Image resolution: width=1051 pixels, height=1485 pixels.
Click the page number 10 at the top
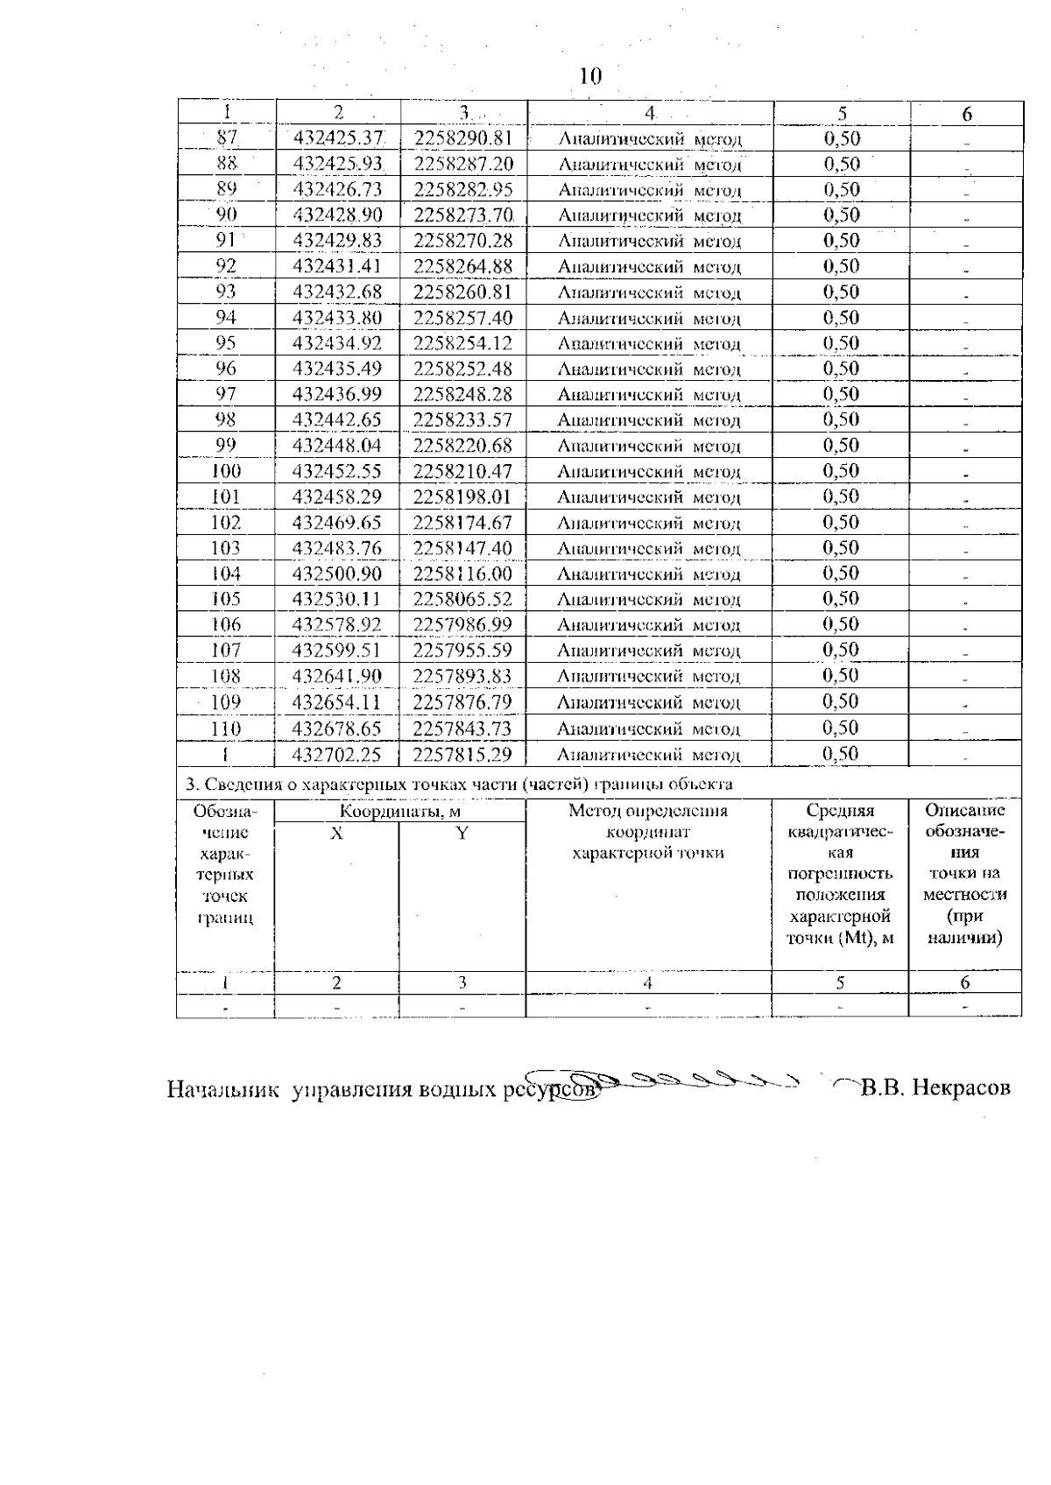pyautogui.click(x=591, y=77)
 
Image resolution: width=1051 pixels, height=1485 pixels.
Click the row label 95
pyautogui.click(x=226, y=343)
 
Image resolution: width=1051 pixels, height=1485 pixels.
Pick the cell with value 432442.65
pyautogui.click(x=337, y=420)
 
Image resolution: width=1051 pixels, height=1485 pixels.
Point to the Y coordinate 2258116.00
pyautogui.click(x=462, y=574)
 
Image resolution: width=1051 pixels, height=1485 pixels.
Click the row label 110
pyautogui.click(x=226, y=728)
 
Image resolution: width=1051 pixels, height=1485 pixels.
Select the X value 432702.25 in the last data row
pyautogui.click(x=337, y=755)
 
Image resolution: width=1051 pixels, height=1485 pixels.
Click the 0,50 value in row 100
pyautogui.click(x=841, y=471)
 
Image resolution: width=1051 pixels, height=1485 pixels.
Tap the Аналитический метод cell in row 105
pyautogui.click(x=648, y=601)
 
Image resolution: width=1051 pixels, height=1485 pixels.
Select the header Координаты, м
pyautogui.click(x=399, y=812)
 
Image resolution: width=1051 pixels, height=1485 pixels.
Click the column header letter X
pyautogui.click(x=336, y=834)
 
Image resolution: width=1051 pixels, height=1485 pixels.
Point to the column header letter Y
pyautogui.click(x=462, y=834)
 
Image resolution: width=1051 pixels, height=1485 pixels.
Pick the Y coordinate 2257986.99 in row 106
pyautogui.click(x=462, y=625)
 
